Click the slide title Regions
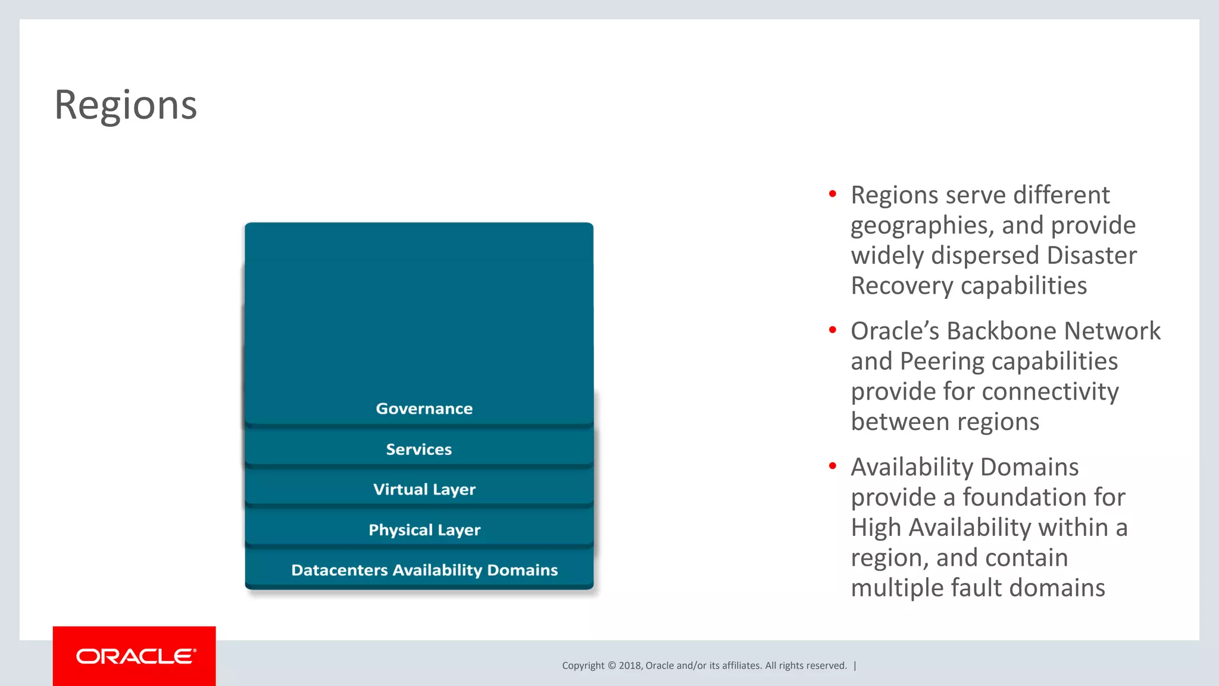click(126, 105)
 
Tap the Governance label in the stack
click(424, 409)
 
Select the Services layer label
click(418, 449)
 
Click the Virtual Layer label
click(424, 489)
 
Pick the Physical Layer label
click(424, 530)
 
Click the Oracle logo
click(135, 656)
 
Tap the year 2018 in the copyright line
click(629, 666)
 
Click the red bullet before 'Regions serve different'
click(832, 194)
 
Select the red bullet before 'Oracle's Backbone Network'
click(832, 329)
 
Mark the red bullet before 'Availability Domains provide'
click(832, 466)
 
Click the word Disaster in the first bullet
click(1091, 255)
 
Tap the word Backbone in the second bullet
click(1001, 331)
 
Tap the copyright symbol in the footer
click(611, 666)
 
